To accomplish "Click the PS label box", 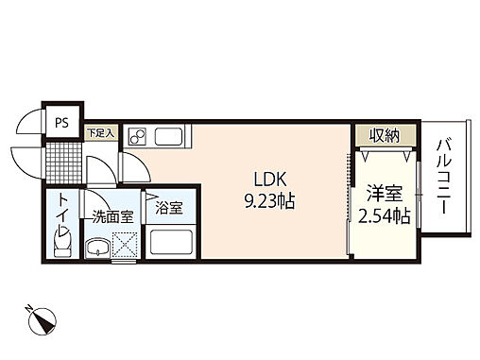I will [x=61, y=122].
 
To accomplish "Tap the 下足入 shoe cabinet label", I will [x=100, y=132].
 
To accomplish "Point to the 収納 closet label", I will [x=385, y=135].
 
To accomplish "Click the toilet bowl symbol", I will [x=61, y=245].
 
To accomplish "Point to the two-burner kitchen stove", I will [x=135, y=135].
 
